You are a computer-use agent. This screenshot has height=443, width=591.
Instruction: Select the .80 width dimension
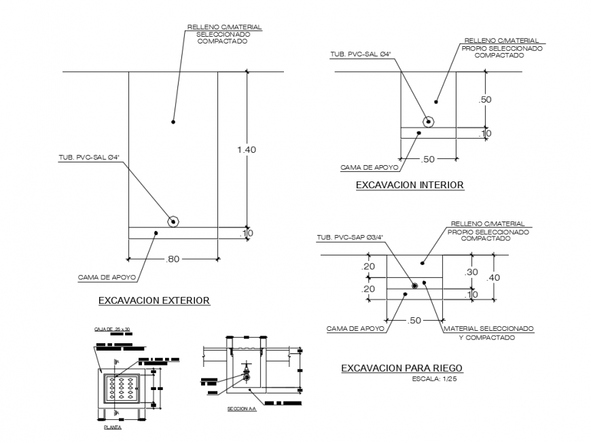(173, 259)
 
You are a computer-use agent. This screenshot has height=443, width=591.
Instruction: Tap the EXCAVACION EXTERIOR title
(154, 300)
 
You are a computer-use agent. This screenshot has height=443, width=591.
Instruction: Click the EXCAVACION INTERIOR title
(410, 185)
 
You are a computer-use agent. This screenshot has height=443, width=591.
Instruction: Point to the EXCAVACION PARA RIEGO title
(401, 368)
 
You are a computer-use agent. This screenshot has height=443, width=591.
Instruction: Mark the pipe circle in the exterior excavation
(174, 221)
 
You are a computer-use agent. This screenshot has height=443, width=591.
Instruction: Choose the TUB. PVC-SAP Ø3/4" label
(349, 238)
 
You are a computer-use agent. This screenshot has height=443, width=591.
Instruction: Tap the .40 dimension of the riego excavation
(492, 277)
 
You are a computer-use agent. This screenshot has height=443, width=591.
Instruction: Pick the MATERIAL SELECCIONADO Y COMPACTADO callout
(488, 332)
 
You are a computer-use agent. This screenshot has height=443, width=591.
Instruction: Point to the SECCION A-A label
(242, 410)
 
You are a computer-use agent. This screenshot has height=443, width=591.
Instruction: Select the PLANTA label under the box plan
(113, 428)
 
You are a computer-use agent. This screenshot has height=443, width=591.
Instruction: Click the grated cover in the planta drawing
(120, 391)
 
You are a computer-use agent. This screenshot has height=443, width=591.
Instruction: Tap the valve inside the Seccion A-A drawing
(246, 375)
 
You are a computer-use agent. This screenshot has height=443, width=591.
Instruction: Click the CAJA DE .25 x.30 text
(111, 330)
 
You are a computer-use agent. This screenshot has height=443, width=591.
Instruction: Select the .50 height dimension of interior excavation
(484, 99)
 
